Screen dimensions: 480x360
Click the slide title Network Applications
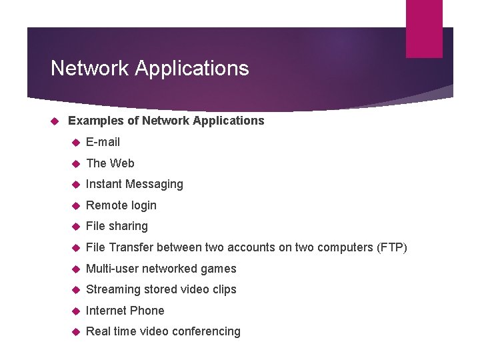(149, 68)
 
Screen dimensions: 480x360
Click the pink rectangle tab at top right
(424, 28)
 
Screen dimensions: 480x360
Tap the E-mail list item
(103, 142)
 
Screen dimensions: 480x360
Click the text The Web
(110, 163)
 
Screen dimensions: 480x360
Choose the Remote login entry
(121, 205)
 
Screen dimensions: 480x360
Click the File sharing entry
(117, 226)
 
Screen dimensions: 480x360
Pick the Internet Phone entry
(125, 311)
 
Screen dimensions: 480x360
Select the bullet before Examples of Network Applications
(55, 121)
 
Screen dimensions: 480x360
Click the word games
(219, 269)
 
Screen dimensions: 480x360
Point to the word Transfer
(131, 247)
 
